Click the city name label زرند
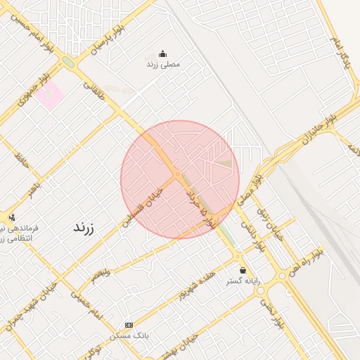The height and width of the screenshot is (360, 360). [84, 228]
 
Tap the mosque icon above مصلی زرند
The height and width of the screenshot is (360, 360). [163, 53]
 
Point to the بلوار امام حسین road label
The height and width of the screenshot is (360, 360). [30, 25]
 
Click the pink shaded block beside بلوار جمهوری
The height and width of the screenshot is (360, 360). [51, 97]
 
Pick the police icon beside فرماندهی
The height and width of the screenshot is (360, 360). [11, 217]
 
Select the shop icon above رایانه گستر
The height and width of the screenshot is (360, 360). [243, 270]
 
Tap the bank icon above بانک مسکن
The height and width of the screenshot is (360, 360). [128, 325]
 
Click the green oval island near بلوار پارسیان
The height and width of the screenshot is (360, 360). [68, 62]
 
